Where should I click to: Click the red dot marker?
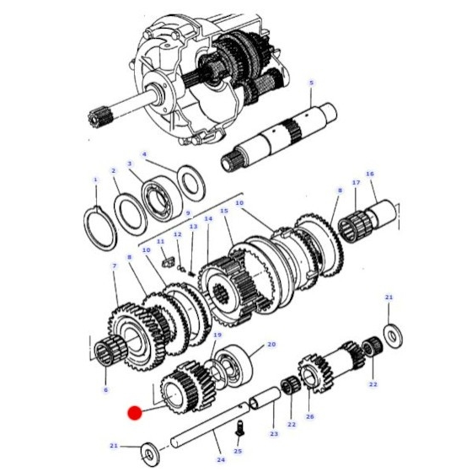(x=135, y=413)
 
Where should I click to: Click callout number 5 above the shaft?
(x=311, y=83)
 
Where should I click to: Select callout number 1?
(x=96, y=180)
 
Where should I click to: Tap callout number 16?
(x=370, y=174)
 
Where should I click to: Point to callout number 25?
(x=238, y=451)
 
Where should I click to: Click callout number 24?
(x=221, y=459)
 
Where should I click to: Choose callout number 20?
(x=271, y=344)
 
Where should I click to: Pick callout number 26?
(x=310, y=416)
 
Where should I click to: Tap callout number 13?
(x=193, y=226)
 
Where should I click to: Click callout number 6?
(x=105, y=389)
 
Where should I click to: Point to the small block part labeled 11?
(x=168, y=262)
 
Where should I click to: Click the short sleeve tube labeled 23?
(x=265, y=398)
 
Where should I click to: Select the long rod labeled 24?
(x=210, y=426)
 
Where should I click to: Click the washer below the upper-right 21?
(x=393, y=335)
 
